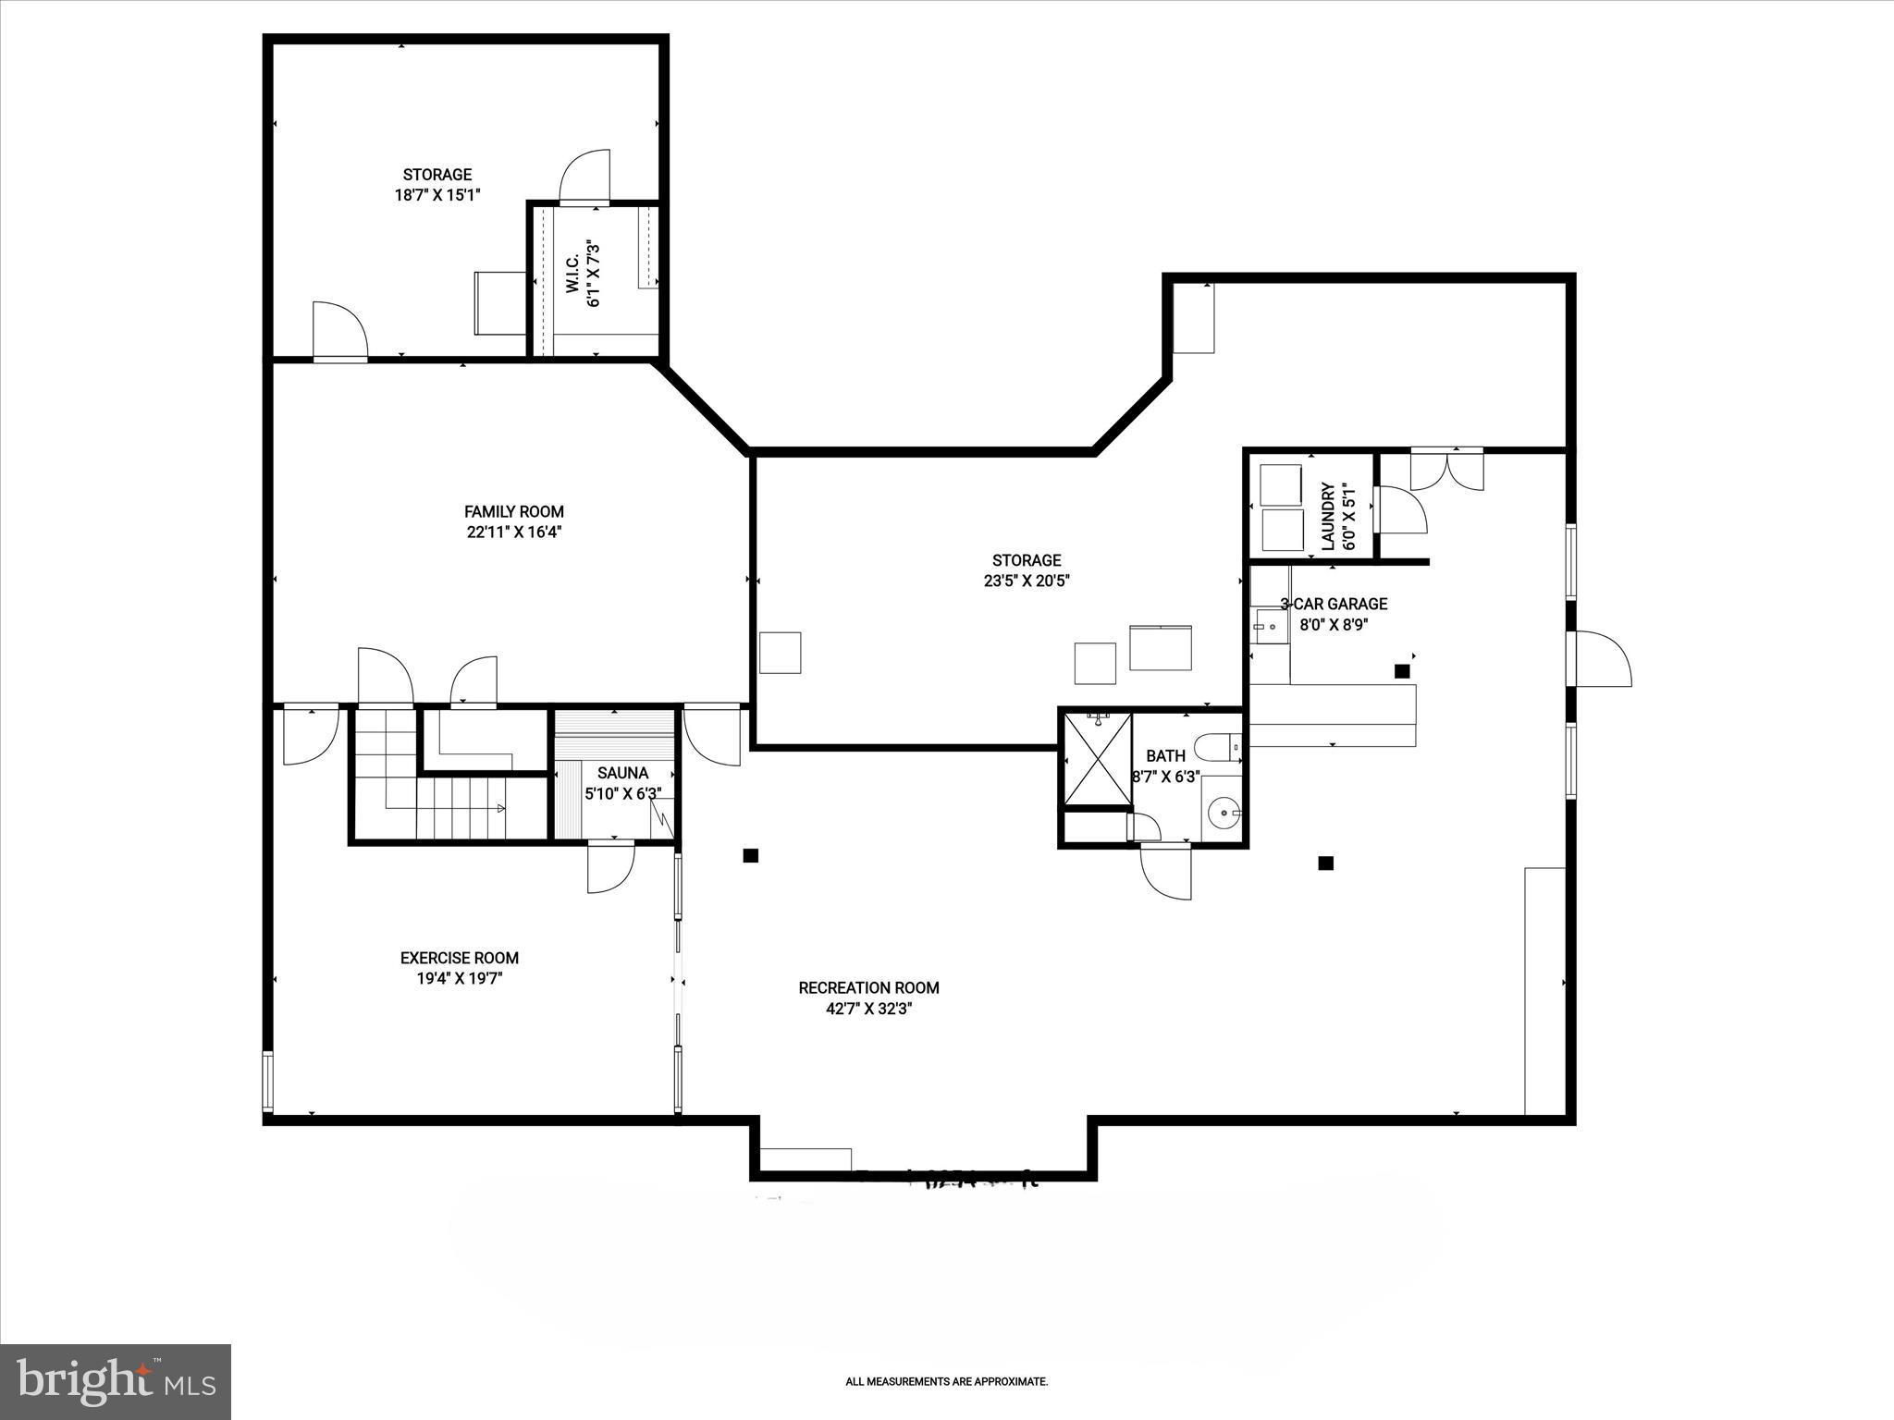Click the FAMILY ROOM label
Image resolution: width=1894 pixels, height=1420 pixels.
pos(513,511)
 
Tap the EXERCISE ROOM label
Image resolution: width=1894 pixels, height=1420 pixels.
pos(459,959)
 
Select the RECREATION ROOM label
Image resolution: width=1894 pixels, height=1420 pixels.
pos(868,988)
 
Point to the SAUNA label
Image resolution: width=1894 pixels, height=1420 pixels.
pos(622,773)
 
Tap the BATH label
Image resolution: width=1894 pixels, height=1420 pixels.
pos(1165,755)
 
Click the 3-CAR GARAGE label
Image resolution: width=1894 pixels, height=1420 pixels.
pos(1334,604)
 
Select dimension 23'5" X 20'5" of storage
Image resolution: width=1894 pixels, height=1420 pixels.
pos(1027,581)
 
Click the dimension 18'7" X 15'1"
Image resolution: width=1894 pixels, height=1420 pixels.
pos(437,195)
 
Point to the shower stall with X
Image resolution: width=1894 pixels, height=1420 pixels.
pos(1097,758)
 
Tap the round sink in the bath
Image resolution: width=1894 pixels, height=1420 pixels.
pos(1224,814)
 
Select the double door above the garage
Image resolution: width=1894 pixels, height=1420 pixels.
pos(1446,468)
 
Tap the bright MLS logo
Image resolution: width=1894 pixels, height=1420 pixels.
pos(116,1380)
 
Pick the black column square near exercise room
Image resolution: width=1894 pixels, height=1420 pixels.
pos(751,856)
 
